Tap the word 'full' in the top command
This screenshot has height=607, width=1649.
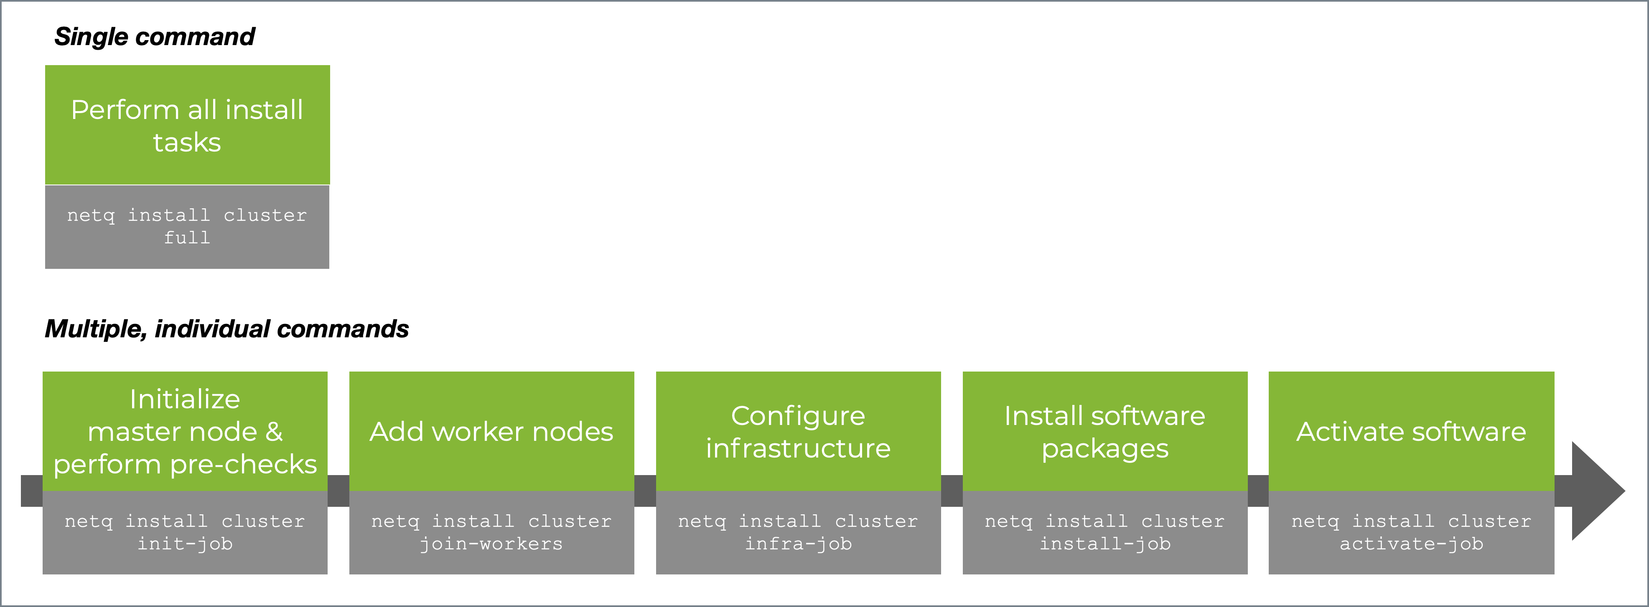tap(187, 238)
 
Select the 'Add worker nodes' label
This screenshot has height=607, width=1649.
tap(491, 432)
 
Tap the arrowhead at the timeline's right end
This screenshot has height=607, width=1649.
tap(1597, 491)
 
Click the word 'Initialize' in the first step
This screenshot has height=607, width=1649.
tap(185, 399)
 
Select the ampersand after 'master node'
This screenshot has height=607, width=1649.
tap(274, 432)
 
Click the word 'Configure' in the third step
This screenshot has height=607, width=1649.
tap(798, 416)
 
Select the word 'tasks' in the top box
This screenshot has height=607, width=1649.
tap(187, 142)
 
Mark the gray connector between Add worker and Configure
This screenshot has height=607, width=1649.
tap(645, 491)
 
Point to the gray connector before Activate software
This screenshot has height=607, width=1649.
tap(1258, 491)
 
